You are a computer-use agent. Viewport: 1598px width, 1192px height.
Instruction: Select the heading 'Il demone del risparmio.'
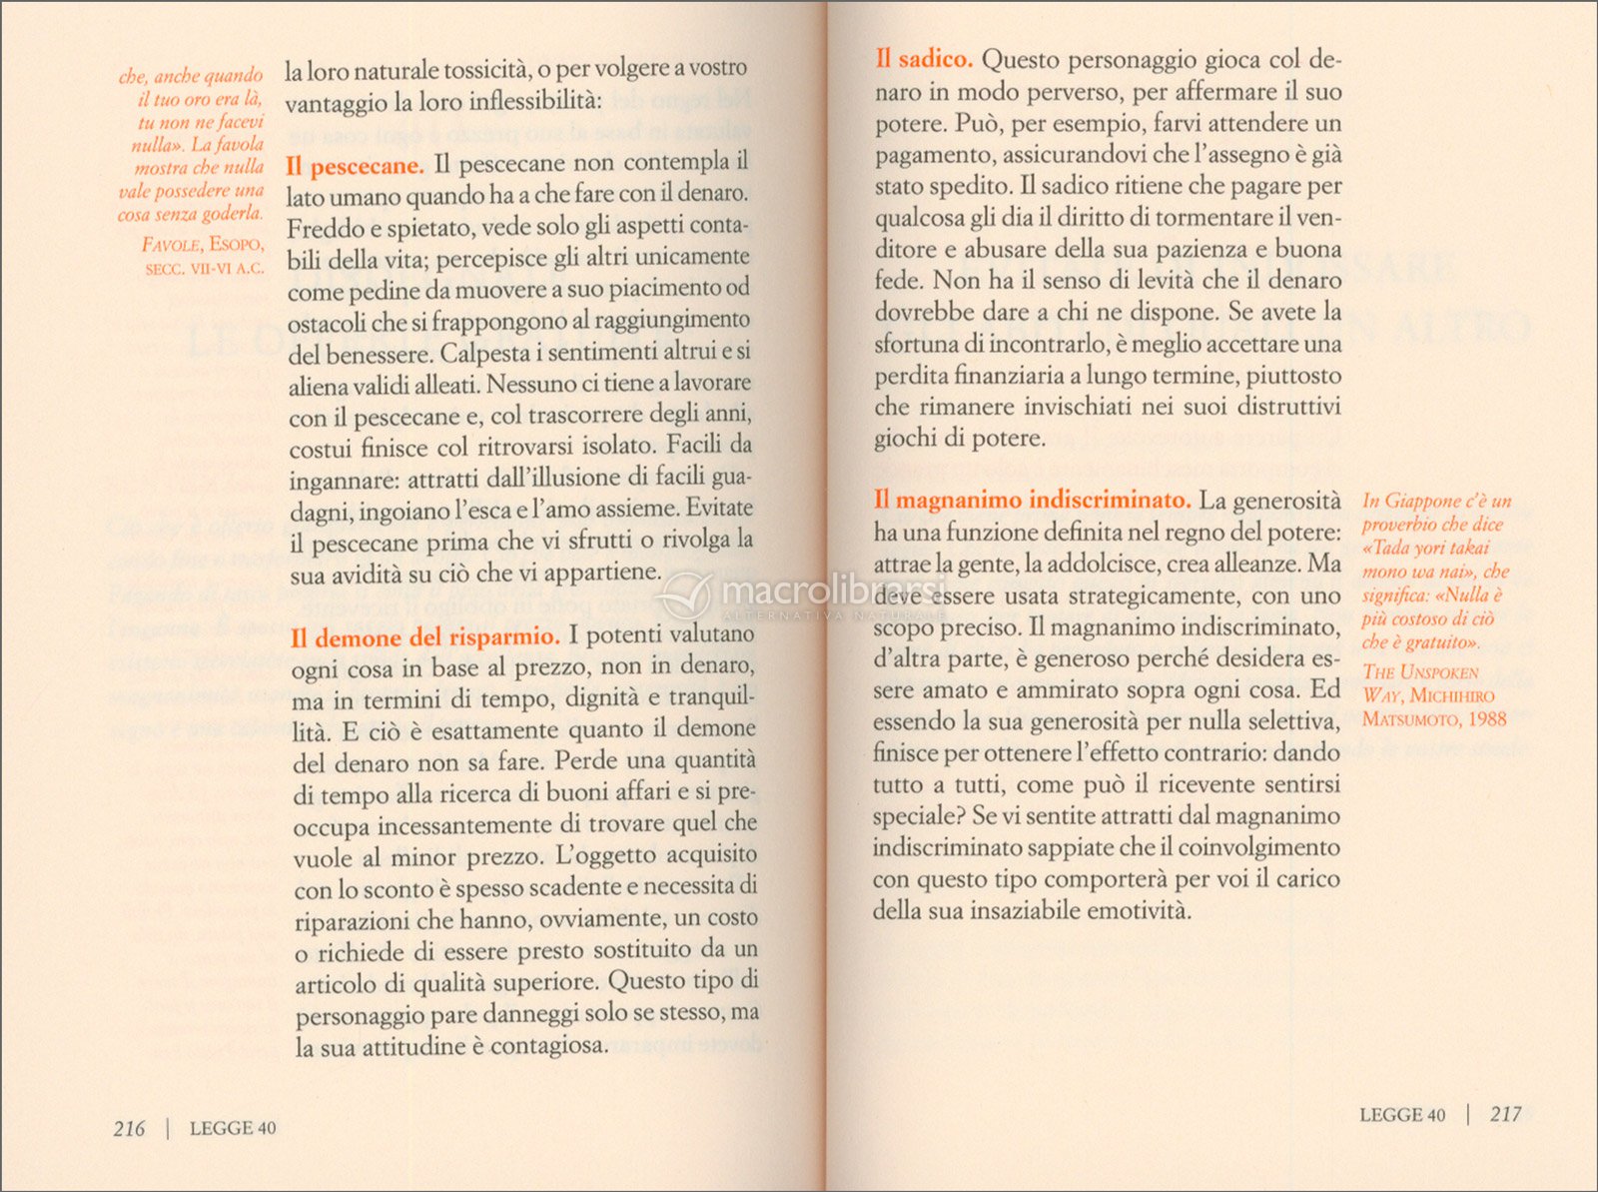(x=424, y=637)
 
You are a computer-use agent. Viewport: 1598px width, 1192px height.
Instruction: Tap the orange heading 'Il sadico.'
(x=924, y=60)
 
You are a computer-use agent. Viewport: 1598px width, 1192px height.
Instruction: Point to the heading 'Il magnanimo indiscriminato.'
(x=1032, y=501)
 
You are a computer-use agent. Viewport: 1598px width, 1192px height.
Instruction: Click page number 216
(x=129, y=1128)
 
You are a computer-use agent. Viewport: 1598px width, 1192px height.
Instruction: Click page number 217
(x=1505, y=1114)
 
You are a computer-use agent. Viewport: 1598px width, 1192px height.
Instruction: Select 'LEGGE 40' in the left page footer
(x=233, y=1128)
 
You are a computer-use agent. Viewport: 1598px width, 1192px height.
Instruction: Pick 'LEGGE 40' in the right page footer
(x=1402, y=1115)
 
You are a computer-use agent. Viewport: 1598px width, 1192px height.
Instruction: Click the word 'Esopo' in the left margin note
(x=237, y=245)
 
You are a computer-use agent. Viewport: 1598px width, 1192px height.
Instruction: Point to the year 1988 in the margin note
(x=1484, y=719)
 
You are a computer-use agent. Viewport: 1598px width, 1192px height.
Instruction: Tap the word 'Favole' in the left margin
(x=172, y=245)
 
